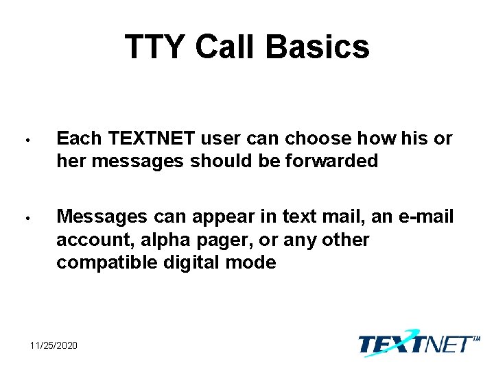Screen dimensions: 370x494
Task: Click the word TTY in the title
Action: tap(155, 47)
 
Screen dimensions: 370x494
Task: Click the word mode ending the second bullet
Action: tap(255, 262)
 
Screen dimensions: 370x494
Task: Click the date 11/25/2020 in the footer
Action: tap(54, 345)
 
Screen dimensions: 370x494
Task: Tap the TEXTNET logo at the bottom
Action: tap(416, 343)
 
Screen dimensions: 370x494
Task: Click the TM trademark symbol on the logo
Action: tap(476, 338)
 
